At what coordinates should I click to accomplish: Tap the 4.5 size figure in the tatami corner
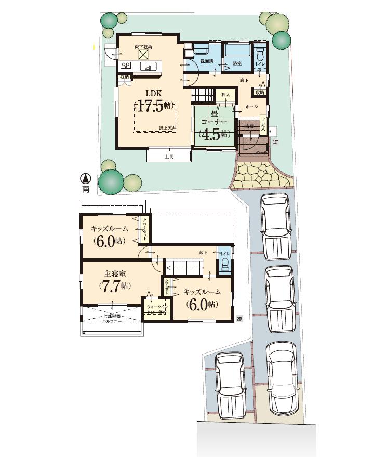pos(213,133)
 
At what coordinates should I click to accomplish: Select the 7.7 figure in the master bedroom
pos(114,285)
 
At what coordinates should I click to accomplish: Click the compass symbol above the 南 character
pos(86,178)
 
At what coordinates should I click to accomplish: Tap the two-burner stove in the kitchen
pos(126,66)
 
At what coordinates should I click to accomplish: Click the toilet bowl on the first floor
pos(261,54)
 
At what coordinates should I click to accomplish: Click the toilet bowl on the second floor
pos(224,265)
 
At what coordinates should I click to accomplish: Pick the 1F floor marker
pos(275,141)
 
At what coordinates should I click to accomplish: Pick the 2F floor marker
pos(239,318)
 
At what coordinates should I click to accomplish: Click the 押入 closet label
pos(225,95)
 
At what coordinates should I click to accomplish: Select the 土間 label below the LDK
pos(169,156)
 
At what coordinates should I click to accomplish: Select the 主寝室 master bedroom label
pos(115,273)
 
